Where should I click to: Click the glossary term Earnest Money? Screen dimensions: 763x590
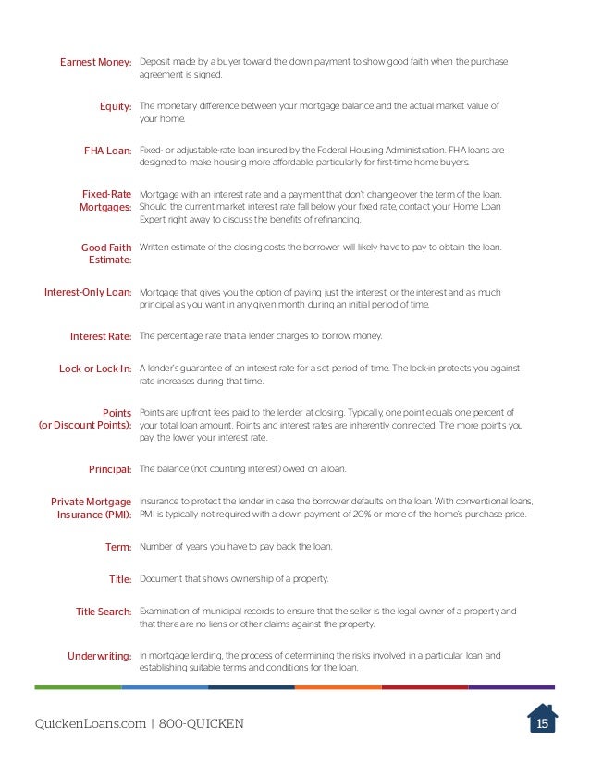(96, 62)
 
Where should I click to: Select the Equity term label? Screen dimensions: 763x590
(116, 106)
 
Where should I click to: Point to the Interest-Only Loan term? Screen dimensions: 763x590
(88, 292)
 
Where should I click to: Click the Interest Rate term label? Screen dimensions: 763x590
(101, 335)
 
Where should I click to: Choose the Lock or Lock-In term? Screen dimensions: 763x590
(95, 369)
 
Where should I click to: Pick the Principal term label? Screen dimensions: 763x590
(110, 469)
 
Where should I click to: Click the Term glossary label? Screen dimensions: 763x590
(119, 547)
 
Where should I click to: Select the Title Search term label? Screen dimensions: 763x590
(104, 612)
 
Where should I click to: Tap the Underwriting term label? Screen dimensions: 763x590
(100, 656)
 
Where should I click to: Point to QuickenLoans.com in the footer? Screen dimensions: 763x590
(89, 723)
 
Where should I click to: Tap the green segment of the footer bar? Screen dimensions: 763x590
(78, 687)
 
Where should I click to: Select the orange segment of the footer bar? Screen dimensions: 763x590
(338, 687)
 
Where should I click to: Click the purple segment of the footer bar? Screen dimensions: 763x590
(511, 687)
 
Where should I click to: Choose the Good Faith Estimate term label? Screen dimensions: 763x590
(106, 254)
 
